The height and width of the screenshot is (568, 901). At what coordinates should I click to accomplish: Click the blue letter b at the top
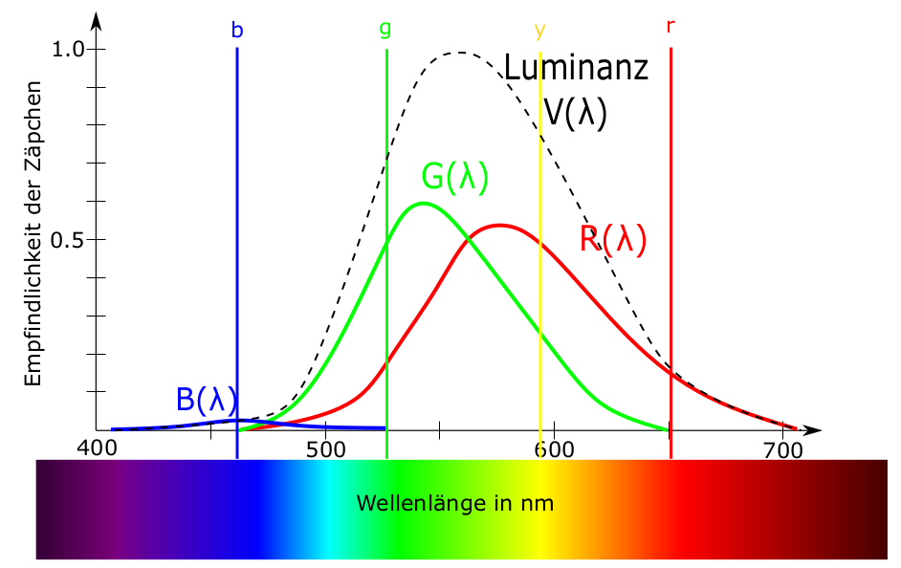237,30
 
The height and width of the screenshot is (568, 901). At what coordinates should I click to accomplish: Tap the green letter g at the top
385,29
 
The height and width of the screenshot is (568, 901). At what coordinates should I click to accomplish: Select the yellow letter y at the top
540,31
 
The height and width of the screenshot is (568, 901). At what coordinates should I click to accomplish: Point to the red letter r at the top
670,26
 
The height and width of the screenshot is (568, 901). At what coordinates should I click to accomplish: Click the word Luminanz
577,68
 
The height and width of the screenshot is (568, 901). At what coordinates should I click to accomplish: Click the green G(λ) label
455,177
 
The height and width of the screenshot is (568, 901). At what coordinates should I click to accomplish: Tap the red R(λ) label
613,238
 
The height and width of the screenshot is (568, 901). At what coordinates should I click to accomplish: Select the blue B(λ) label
207,400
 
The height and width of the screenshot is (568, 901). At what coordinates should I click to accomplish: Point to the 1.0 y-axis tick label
70,49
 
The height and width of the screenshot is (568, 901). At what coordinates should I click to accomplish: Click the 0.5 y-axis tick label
70,239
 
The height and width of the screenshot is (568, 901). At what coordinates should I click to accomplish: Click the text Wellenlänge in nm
454,502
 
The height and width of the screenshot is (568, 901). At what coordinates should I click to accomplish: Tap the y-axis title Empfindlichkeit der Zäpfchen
34,239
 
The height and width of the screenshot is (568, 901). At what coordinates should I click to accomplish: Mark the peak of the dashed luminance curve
460,53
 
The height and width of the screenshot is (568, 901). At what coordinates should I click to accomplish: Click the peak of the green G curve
422,203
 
